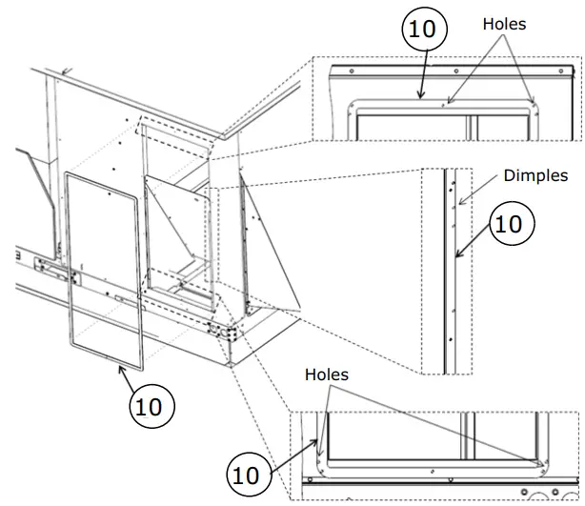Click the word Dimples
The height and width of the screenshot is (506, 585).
(x=535, y=175)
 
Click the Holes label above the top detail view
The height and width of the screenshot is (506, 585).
(x=504, y=24)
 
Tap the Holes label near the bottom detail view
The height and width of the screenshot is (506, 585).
(x=326, y=374)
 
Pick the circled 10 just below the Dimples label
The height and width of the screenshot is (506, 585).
(x=510, y=224)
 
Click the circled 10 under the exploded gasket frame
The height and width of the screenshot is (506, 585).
(x=148, y=406)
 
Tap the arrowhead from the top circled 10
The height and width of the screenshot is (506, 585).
(x=420, y=96)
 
